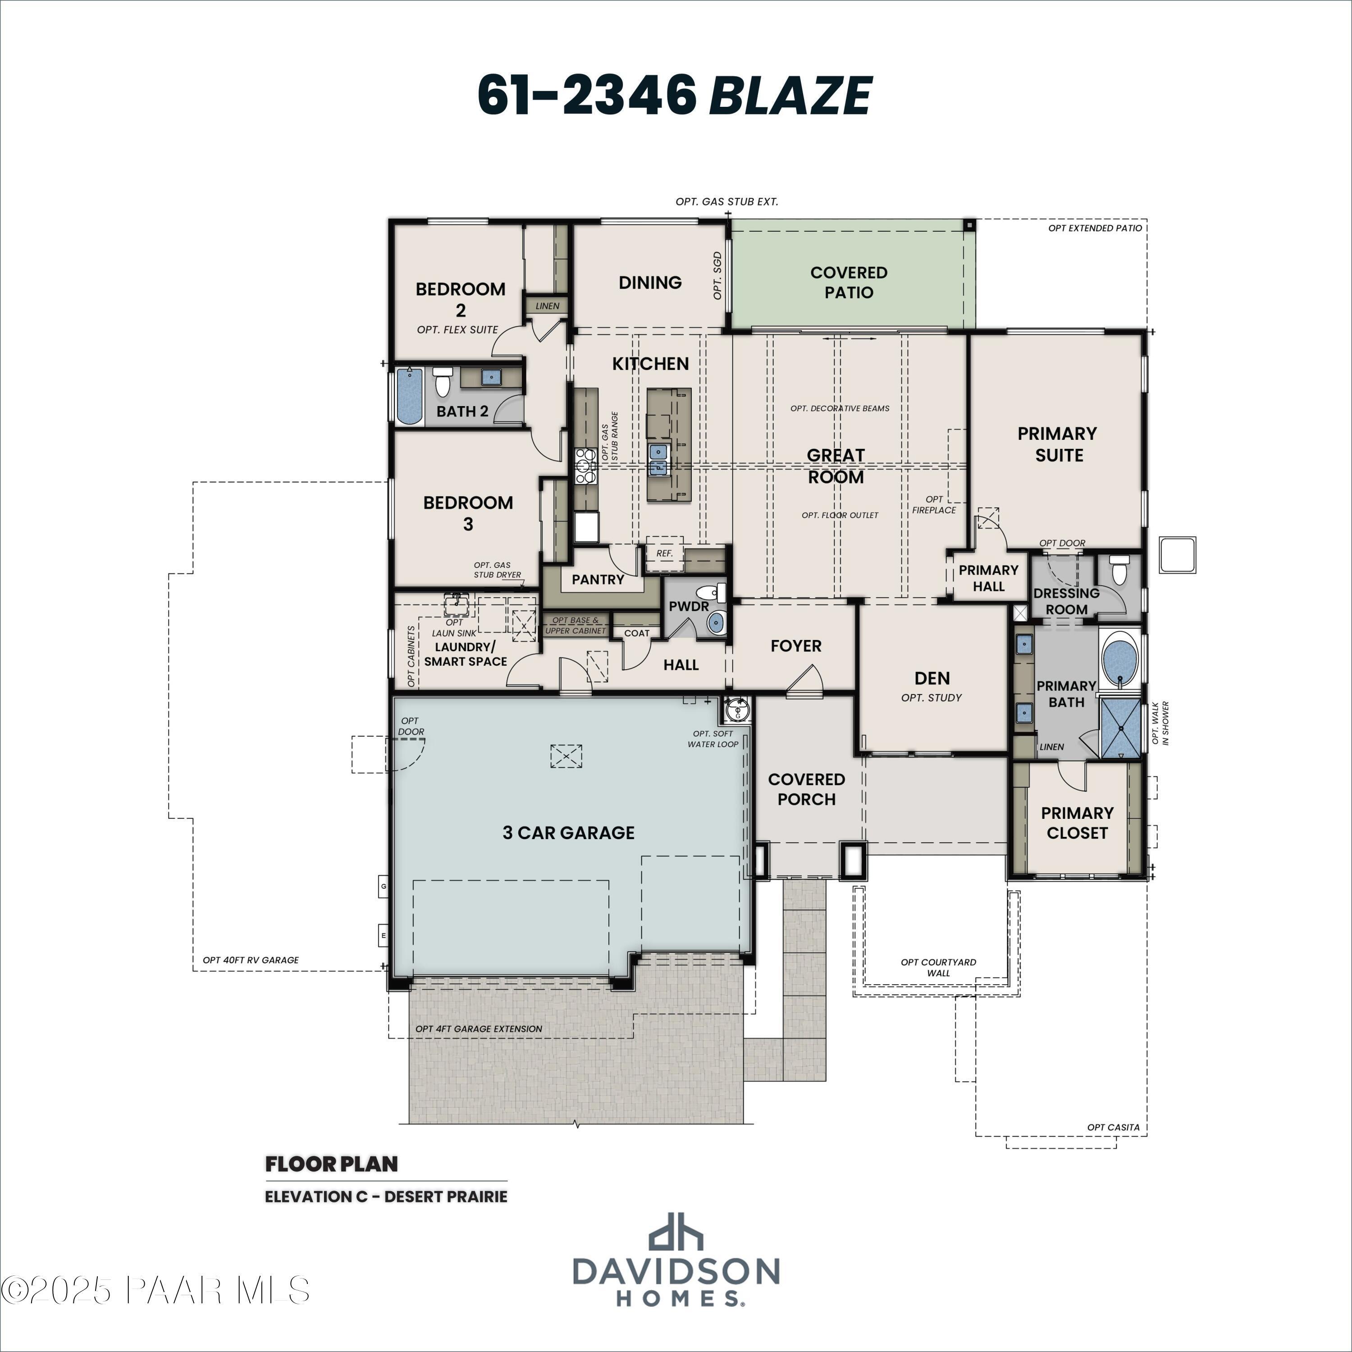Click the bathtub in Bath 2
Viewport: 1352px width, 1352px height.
(x=409, y=396)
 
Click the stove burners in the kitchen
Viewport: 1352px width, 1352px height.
(x=585, y=466)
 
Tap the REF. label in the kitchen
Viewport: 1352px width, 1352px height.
(x=664, y=553)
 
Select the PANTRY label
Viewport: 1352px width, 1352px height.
(x=598, y=580)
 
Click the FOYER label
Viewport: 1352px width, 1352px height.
(x=796, y=646)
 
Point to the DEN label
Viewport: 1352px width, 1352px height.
(x=932, y=678)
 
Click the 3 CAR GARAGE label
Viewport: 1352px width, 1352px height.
(x=568, y=833)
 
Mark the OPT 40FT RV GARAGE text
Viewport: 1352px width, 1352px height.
(x=251, y=960)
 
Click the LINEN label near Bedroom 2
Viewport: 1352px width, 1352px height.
(x=547, y=306)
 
